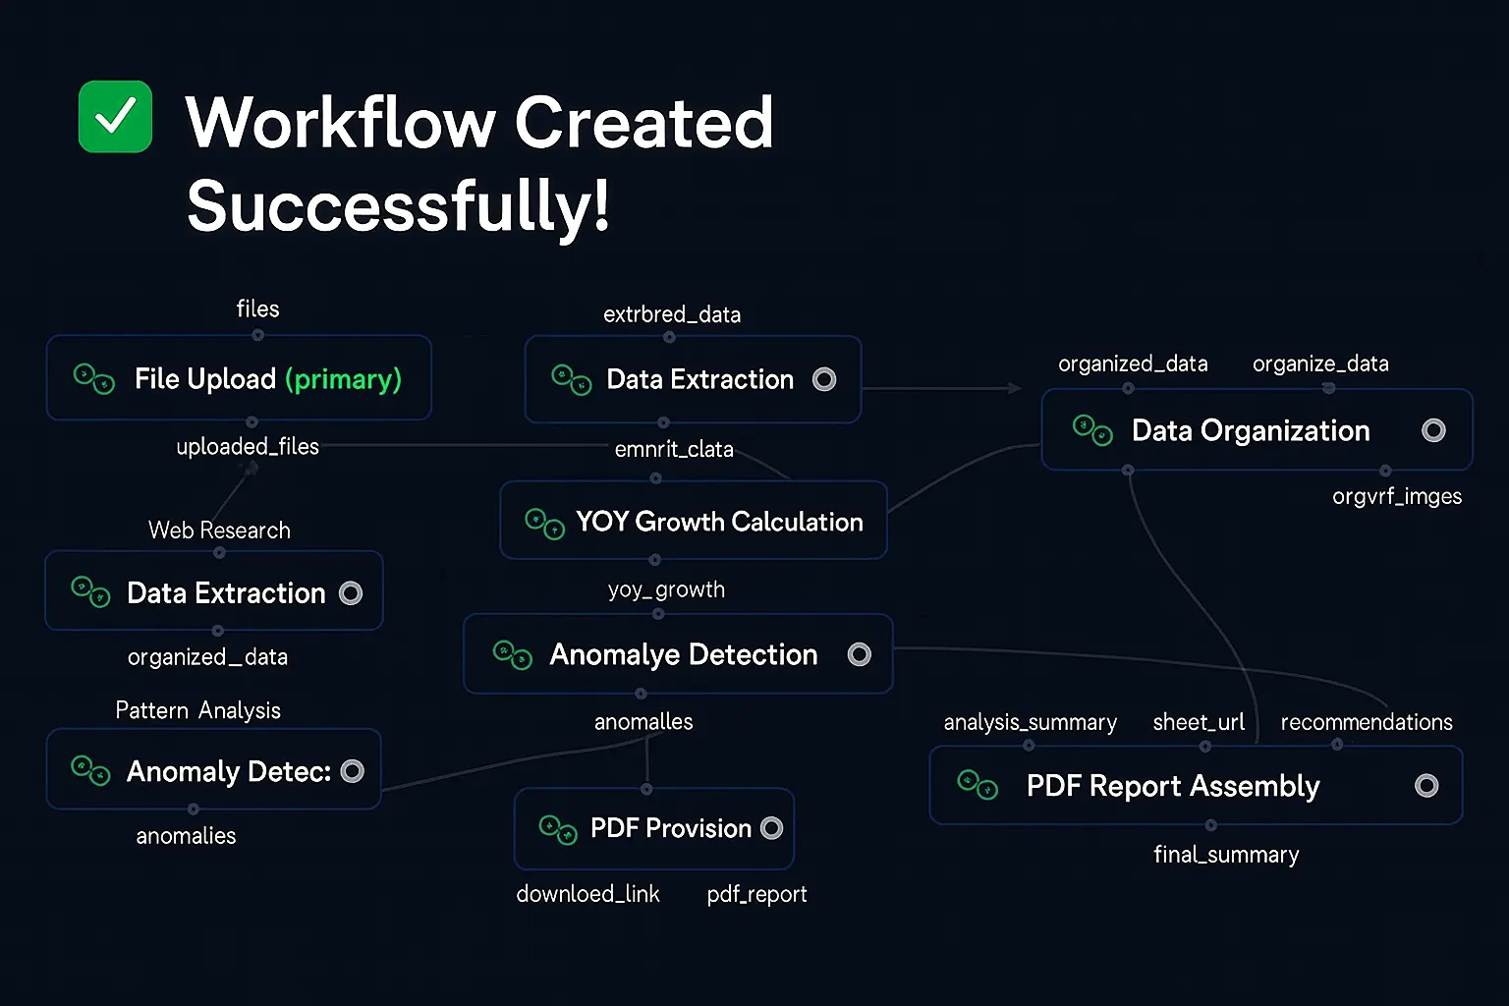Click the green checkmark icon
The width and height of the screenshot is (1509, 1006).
point(115,117)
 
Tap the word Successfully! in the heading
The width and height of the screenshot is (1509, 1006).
point(398,206)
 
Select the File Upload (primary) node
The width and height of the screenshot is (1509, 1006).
point(239,378)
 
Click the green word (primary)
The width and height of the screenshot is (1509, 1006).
point(343,379)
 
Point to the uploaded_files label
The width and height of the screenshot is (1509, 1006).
point(248,447)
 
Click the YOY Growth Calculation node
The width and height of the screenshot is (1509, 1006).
point(694,521)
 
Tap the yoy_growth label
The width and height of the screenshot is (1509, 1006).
point(666,589)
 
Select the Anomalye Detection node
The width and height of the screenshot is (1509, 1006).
point(678,654)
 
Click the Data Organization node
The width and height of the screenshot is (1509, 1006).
point(1250,430)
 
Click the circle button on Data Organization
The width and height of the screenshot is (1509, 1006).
point(1433,430)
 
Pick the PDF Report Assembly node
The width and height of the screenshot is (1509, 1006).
point(1173,786)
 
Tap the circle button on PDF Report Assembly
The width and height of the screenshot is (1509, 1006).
point(1426,786)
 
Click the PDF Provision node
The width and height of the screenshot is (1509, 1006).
point(654,828)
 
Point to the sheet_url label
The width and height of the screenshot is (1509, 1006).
point(1199,723)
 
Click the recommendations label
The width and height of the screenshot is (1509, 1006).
point(1366,723)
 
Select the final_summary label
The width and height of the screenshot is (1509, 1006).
point(1226,855)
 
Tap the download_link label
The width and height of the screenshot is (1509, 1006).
point(587,894)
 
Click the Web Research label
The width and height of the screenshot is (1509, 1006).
point(219,531)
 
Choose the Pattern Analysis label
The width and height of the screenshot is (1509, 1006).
point(197,710)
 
